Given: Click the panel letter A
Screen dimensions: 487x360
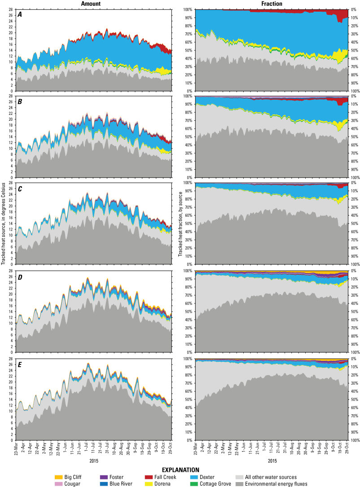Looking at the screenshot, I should coord(20,15).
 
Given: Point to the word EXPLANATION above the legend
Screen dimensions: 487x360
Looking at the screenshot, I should coord(180,469).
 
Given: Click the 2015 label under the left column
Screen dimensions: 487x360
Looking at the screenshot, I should coord(94,460).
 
